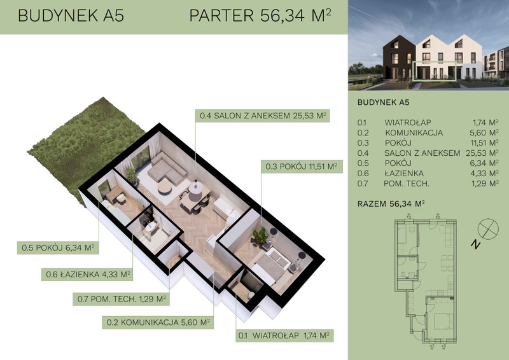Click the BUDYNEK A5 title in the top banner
[x=71, y=15]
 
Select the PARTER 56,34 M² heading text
[x=260, y=15]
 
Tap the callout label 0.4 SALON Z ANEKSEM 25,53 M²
[x=263, y=116]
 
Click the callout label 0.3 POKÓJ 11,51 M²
[x=302, y=167]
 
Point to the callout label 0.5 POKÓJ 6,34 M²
[x=58, y=247]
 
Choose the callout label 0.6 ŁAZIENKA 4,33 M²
[x=88, y=274]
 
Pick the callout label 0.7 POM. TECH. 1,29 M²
[x=122, y=299]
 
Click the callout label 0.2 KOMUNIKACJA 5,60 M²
[x=158, y=322]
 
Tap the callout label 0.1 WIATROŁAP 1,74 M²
[x=284, y=335]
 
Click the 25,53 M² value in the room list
[x=482, y=153]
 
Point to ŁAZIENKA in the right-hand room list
[x=404, y=174]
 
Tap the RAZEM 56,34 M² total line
[x=391, y=204]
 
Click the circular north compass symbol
[x=488, y=229]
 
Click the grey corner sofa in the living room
[x=167, y=169]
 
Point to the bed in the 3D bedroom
[x=271, y=267]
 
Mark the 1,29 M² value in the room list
[x=485, y=183]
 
